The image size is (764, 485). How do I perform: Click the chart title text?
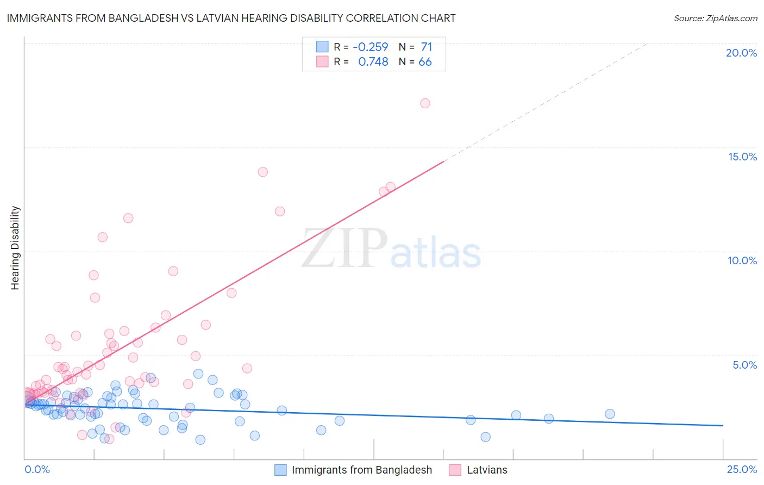coord(231,18)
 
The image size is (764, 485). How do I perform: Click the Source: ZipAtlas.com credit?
coord(715,18)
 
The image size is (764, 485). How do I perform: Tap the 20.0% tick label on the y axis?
coord(741,53)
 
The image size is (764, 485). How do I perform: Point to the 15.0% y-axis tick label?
coord(742,157)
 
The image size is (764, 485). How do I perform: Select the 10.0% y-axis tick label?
coord(742,260)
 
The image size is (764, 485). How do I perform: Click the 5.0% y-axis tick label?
coord(744,365)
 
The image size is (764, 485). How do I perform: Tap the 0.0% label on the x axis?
coord(37,469)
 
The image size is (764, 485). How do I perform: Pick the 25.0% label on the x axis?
coord(742,469)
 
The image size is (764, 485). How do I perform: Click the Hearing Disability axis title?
coord(15,248)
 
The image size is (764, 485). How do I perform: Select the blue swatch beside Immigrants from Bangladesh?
coord(280,470)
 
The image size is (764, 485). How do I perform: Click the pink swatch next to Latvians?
coord(455,470)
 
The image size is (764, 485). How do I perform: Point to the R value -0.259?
coord(371,47)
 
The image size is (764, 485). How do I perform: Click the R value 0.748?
coord(373,62)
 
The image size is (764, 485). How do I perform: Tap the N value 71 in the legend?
coord(427,47)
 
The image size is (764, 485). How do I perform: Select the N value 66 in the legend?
coord(425,62)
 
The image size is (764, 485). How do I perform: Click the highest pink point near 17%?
coord(425,103)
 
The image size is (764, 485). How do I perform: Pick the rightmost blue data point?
coord(610,414)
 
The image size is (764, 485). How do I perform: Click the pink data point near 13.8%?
coord(263,172)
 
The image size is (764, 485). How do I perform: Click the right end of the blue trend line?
coord(723,425)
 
